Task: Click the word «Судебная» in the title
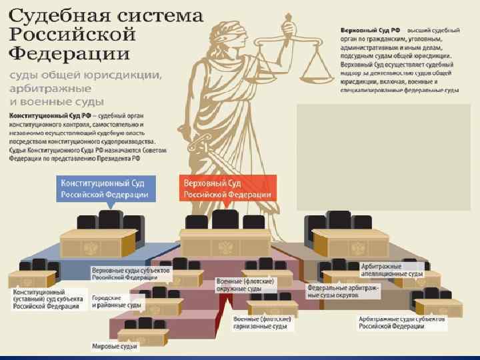tap(53, 15)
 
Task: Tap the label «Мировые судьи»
tap(115, 346)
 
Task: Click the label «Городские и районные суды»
tap(116, 301)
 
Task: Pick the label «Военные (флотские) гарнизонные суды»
tap(260, 323)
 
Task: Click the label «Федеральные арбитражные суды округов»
tap(343, 291)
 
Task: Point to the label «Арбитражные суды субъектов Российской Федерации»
tap(393, 323)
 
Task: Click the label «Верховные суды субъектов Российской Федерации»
tap(131, 274)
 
